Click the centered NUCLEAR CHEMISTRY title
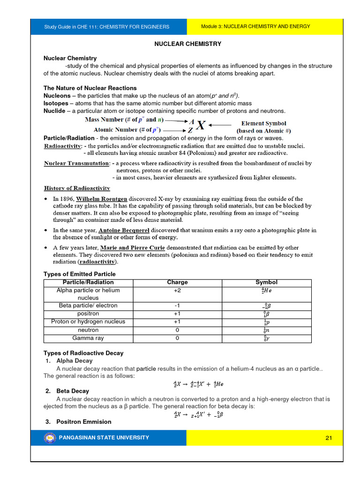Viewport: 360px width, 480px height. (188, 44)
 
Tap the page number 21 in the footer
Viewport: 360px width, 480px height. (328, 438)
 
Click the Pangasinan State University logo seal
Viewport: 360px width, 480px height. (49, 438)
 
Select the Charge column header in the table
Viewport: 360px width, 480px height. (177, 282)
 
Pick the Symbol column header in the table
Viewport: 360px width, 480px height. (266, 282)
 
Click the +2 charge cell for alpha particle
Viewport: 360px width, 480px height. (177, 291)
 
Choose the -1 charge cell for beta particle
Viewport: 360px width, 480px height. (177, 306)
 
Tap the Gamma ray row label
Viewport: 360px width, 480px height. (88, 338)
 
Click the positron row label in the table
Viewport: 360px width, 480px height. (88, 314)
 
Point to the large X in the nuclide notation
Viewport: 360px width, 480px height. (200, 125)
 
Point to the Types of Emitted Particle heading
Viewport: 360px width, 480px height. (79, 274)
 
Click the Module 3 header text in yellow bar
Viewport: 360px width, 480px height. (255, 27)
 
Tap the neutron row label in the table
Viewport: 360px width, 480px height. (88, 330)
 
